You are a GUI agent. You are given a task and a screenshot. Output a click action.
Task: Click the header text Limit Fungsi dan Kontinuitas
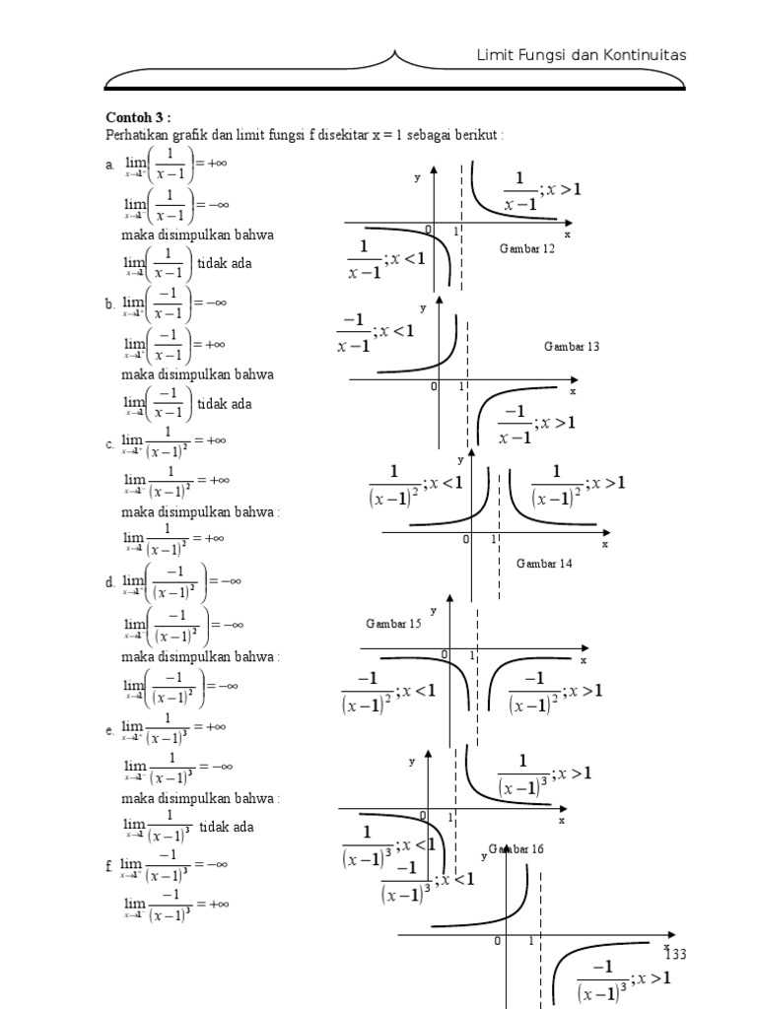click(581, 55)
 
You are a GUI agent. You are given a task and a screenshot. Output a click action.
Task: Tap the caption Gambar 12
click(527, 249)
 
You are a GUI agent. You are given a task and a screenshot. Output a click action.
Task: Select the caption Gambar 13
click(571, 347)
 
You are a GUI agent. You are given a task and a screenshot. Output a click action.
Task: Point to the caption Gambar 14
click(544, 564)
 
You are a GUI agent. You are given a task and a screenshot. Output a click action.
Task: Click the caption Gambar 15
click(393, 624)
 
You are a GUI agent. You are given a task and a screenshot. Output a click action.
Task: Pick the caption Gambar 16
click(516, 848)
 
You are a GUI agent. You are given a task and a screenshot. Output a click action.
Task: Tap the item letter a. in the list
click(110, 166)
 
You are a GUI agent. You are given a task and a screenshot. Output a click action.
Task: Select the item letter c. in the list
click(110, 445)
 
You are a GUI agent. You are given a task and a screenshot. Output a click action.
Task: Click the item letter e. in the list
click(110, 730)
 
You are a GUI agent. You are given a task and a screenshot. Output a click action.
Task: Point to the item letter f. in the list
click(109, 866)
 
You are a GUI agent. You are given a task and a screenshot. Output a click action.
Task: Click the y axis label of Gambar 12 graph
click(417, 177)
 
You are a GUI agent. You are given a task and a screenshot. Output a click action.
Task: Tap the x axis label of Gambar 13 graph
click(572, 391)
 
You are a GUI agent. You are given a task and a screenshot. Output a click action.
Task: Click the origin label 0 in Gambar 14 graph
click(465, 540)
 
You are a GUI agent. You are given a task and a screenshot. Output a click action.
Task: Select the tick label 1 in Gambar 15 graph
click(472, 655)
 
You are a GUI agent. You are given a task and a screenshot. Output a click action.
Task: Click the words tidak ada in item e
click(226, 827)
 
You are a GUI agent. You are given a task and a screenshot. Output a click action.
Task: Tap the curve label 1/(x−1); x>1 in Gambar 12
click(542, 190)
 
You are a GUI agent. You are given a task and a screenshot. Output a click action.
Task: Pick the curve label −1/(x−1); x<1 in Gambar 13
click(375, 332)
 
